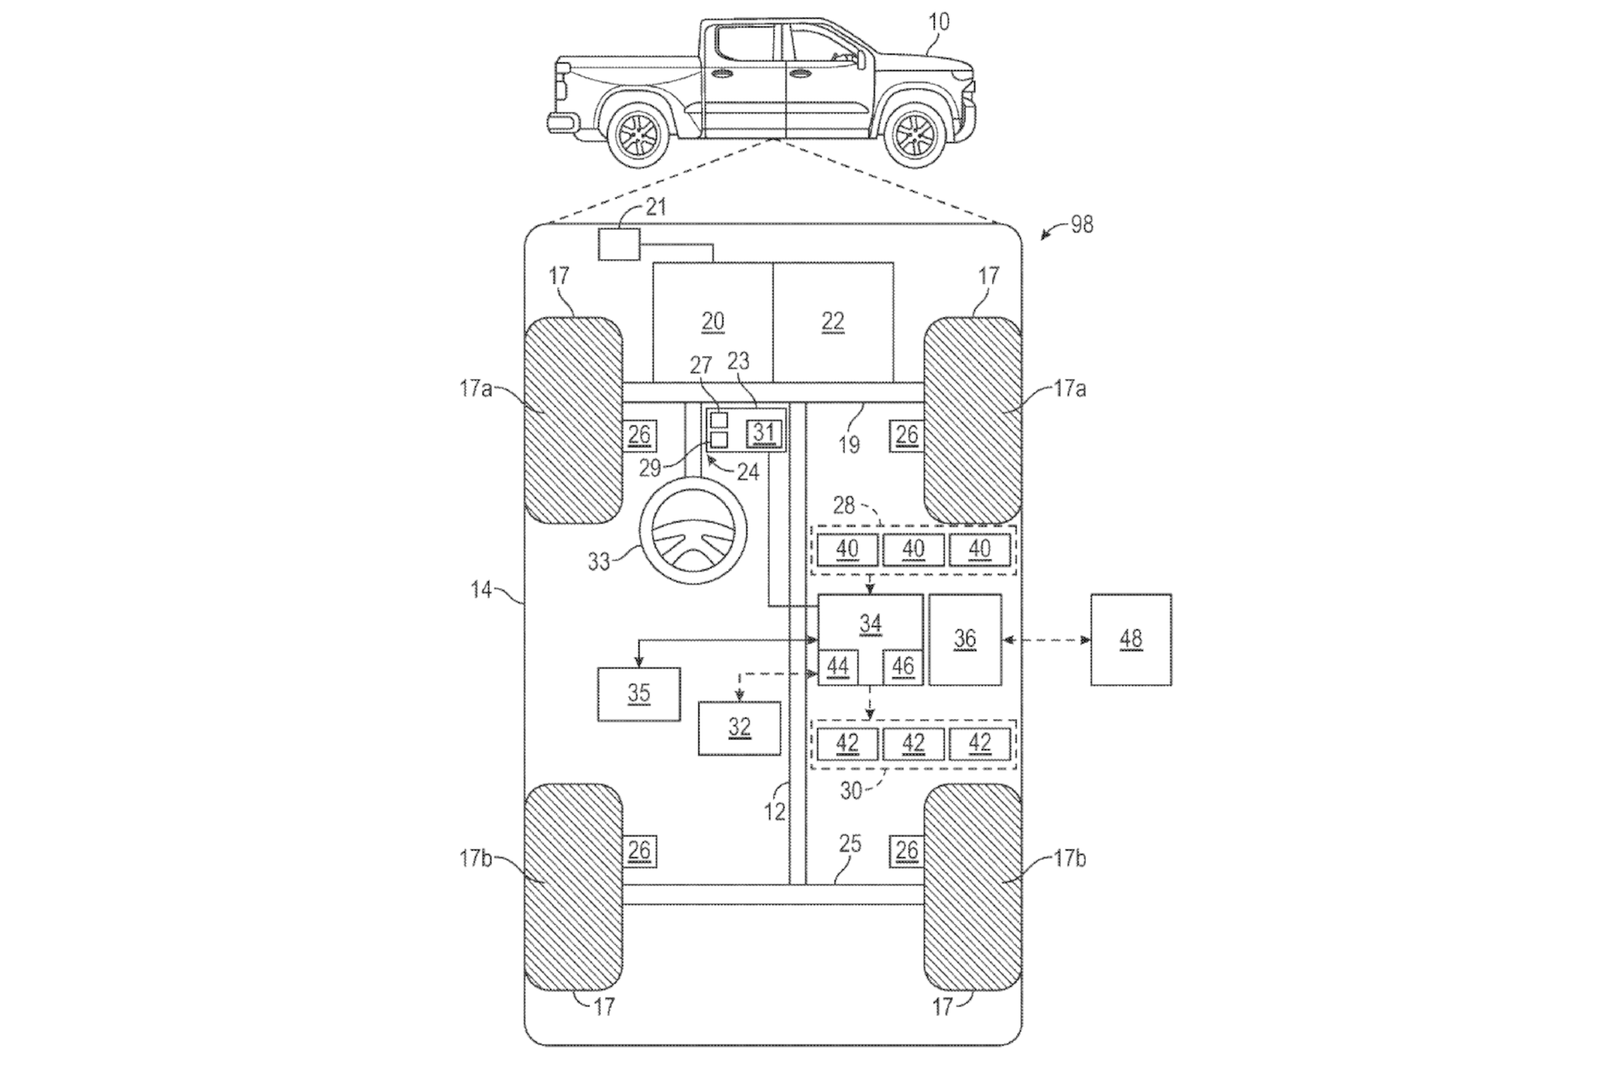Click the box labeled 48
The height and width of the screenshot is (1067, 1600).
(1131, 639)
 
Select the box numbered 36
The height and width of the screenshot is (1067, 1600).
(965, 639)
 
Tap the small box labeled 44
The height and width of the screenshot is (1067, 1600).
(837, 667)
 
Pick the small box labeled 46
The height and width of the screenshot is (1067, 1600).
(903, 667)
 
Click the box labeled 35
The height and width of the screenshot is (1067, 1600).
(638, 694)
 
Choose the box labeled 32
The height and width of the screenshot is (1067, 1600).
(739, 728)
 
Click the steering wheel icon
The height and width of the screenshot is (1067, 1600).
(692, 531)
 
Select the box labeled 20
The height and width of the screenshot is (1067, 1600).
(712, 322)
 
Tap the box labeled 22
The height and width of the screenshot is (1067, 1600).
(833, 322)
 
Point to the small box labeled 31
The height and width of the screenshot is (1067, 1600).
(764, 433)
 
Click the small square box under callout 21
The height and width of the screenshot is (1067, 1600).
(618, 244)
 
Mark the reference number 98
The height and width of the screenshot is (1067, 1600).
(1082, 225)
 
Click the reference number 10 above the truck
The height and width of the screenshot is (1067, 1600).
(939, 22)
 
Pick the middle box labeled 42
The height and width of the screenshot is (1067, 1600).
(913, 744)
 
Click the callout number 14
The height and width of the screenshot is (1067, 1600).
(481, 590)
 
